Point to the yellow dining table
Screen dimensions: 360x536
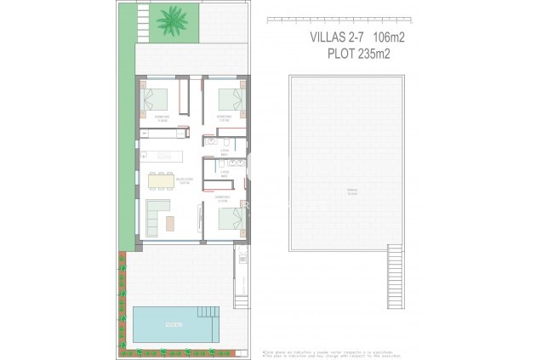159,180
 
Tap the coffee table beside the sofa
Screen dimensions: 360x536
171,222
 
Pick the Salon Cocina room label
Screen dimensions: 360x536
184,180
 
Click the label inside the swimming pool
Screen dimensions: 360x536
173,323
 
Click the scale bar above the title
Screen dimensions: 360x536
339,20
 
